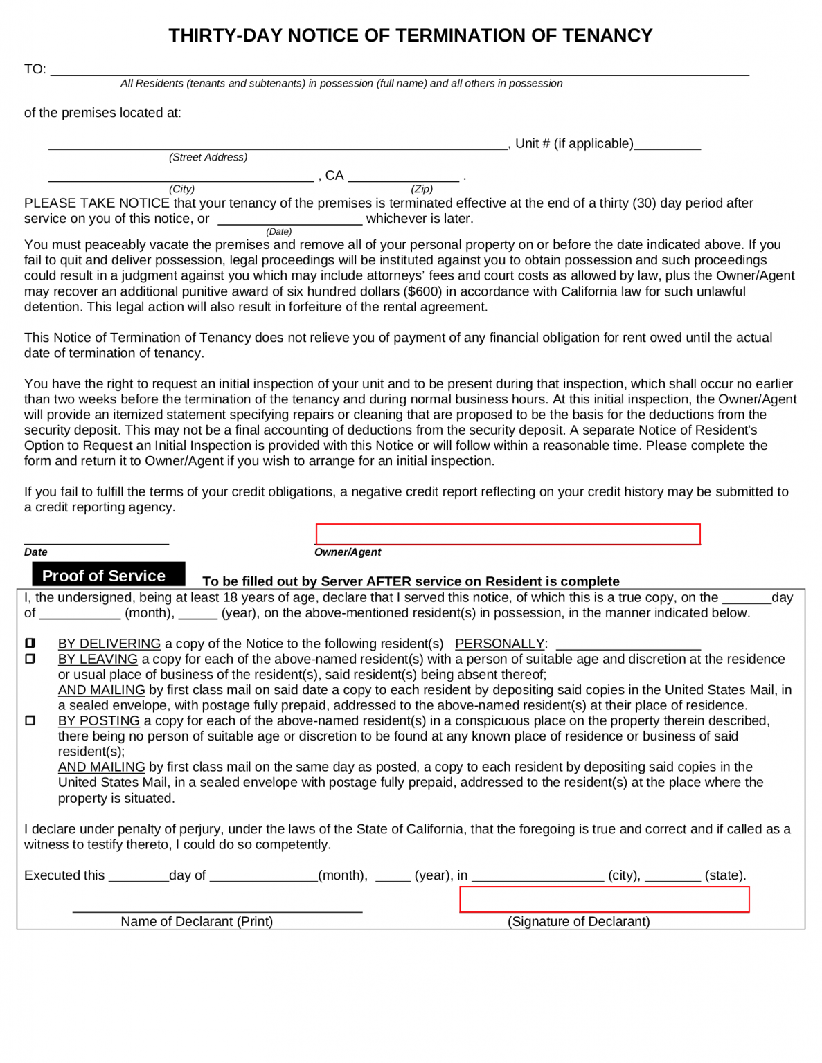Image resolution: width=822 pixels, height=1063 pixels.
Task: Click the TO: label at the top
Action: coord(35,69)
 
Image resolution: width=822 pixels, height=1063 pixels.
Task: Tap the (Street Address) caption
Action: coord(208,157)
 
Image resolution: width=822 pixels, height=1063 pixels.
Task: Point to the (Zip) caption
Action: coord(422,189)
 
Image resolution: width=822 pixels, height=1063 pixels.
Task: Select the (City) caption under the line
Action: coord(182,189)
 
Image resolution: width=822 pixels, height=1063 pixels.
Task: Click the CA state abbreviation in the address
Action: coord(334,176)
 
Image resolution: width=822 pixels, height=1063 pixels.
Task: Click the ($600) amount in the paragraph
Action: coord(422,291)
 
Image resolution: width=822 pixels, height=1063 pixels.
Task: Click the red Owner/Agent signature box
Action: coord(508,534)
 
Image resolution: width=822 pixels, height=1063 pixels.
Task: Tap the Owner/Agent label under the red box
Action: coord(348,552)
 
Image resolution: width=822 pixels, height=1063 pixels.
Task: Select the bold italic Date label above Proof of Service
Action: coord(36,552)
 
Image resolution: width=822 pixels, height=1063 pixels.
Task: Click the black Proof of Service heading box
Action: coord(109,575)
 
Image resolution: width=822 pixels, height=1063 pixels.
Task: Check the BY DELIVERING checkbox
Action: coord(30,644)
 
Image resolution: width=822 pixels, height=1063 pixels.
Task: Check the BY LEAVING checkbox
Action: coord(30,659)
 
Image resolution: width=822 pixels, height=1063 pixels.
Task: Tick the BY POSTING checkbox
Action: coord(30,720)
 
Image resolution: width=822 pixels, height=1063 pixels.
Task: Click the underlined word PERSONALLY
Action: coord(499,644)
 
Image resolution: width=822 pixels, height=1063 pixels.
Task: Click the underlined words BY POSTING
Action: coord(99,720)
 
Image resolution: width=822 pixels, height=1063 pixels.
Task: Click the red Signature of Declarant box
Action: coord(604,900)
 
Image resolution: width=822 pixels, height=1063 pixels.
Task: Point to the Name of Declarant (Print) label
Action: coord(197,922)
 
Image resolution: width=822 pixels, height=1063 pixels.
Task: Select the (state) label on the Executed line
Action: coord(725,875)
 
